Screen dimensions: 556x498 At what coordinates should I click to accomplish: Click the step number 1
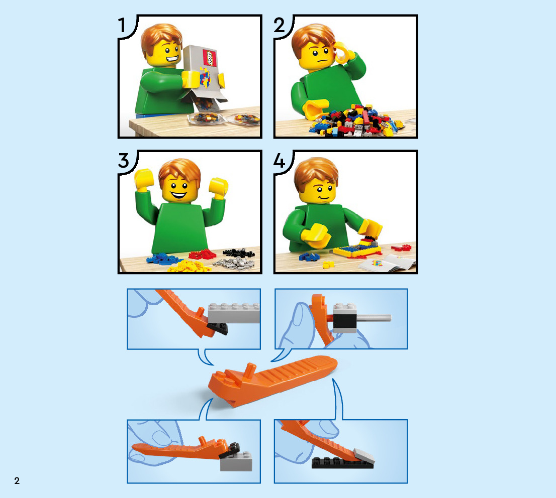pos(122,25)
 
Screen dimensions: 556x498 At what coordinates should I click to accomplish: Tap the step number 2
pos(280,25)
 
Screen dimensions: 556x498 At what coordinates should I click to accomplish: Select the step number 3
pos(123,161)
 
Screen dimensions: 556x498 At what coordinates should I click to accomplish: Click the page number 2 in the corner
pos(17,480)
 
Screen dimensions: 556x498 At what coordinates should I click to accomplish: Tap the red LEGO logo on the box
pos(209,58)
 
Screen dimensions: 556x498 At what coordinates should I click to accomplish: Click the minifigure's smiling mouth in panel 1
pos(173,58)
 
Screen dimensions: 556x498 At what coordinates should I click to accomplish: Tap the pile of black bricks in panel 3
pos(239,252)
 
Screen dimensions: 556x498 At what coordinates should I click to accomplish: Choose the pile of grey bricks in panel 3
pos(234,263)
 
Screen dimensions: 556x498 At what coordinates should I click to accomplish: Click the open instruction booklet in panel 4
pos(387,263)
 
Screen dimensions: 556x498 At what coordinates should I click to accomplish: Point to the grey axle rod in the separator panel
pos(374,318)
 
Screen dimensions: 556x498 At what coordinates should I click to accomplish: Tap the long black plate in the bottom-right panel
pos(342,463)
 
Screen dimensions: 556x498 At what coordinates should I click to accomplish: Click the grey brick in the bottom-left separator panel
pos(236,461)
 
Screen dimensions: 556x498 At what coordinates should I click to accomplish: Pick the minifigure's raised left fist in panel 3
pos(144,179)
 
